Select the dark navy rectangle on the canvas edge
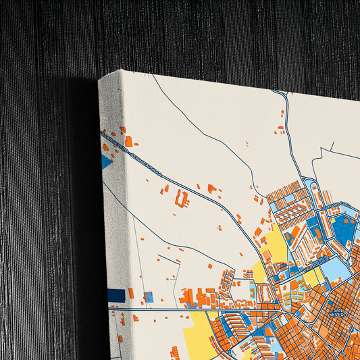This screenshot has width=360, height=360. point(116,296)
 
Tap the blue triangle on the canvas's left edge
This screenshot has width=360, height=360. point(106,161)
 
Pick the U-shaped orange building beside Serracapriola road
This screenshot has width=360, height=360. point(181,198)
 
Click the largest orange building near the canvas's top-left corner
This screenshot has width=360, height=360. point(128,141)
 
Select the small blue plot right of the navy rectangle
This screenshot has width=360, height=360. point(149,297)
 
